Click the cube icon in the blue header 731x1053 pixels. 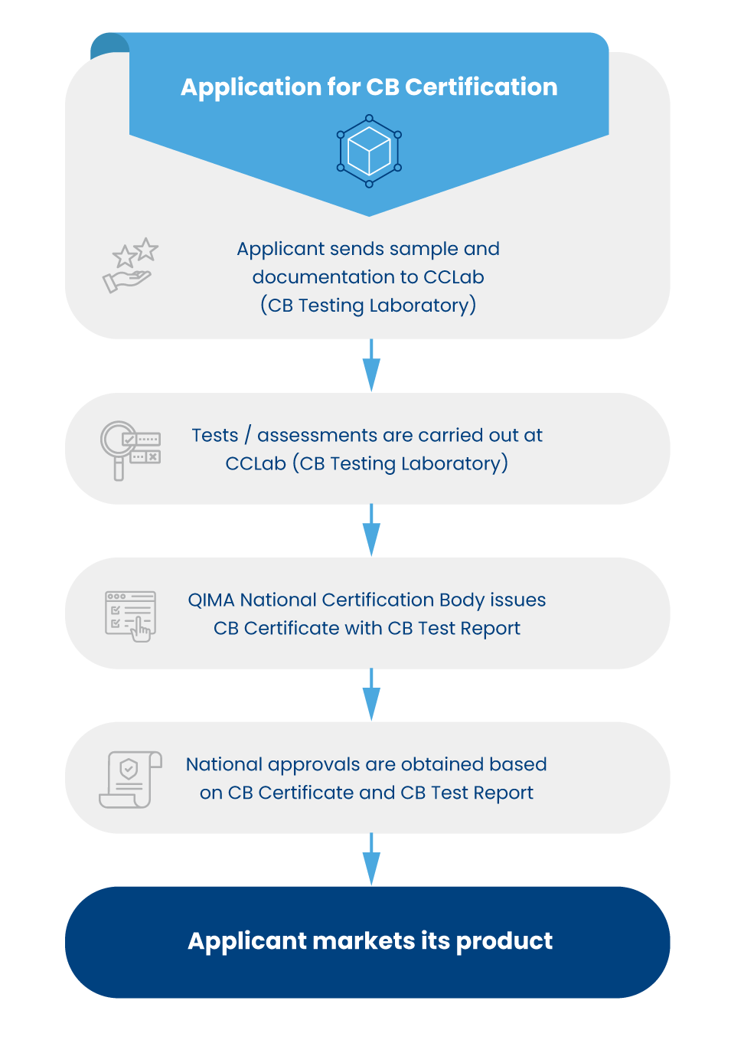click(369, 151)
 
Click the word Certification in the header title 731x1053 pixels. click(481, 87)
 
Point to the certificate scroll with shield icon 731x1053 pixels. click(131, 780)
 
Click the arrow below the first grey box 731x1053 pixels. click(371, 366)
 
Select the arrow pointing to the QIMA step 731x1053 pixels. click(371, 531)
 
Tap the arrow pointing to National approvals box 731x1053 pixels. click(371, 695)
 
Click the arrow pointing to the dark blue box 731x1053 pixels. click(371, 860)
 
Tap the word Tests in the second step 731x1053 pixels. click(215, 436)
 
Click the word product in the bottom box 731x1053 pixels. click(504, 941)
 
